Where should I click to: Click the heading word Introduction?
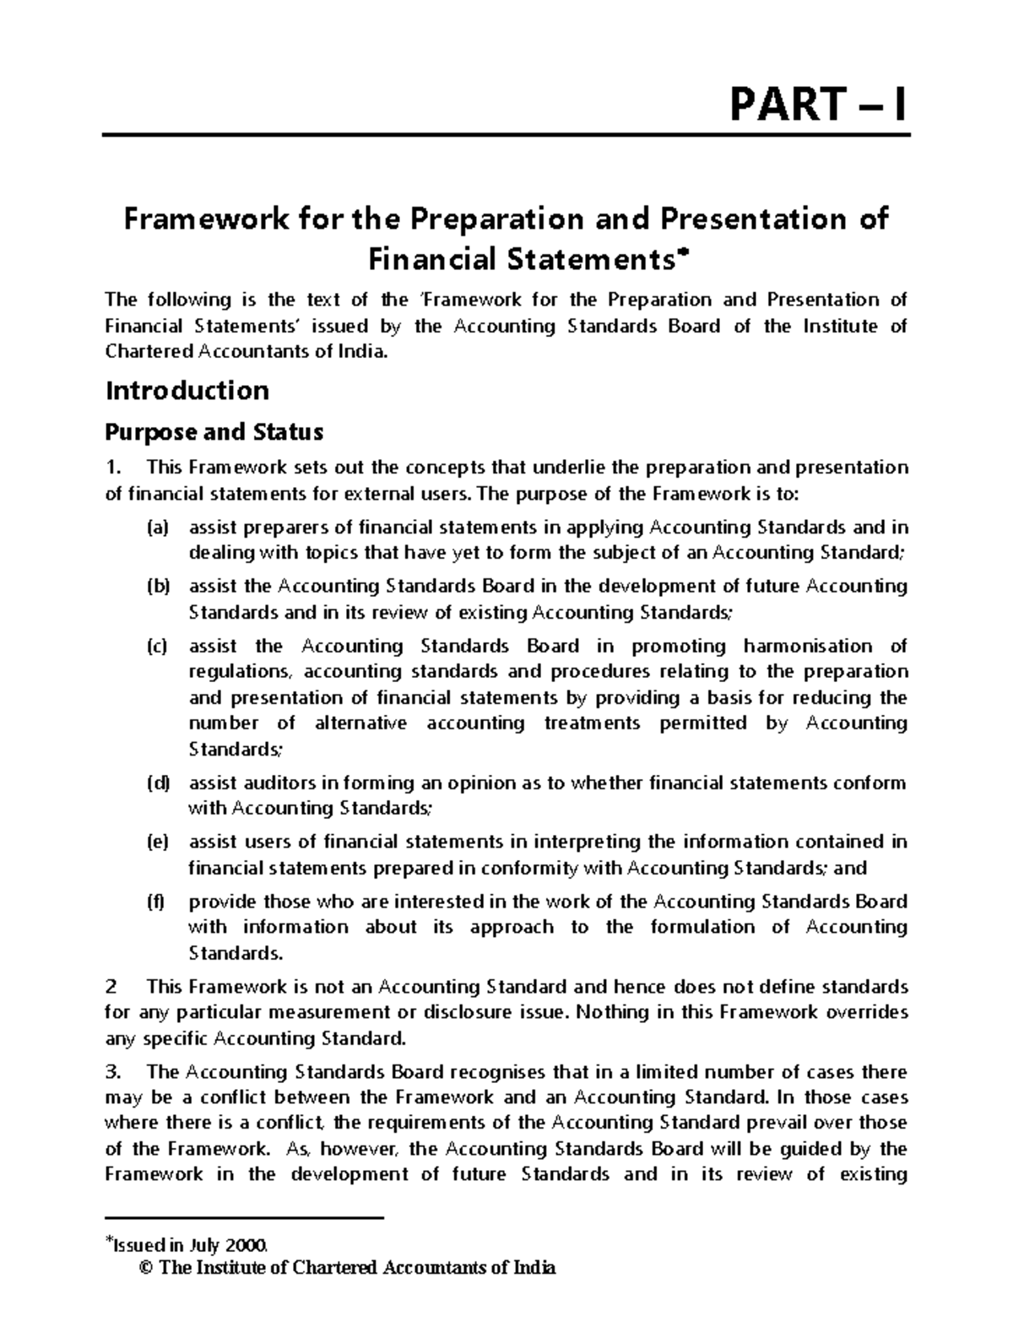pyautogui.click(x=187, y=391)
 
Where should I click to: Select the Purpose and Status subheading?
pyautogui.click(x=214, y=432)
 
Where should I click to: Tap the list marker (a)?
pyautogui.click(x=157, y=528)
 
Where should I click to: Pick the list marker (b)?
pyautogui.click(x=157, y=587)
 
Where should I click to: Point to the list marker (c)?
pyautogui.click(x=157, y=647)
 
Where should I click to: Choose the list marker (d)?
pyautogui.click(x=157, y=783)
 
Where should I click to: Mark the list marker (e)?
pyautogui.click(x=157, y=842)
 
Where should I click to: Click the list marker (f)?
pyautogui.click(x=155, y=902)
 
